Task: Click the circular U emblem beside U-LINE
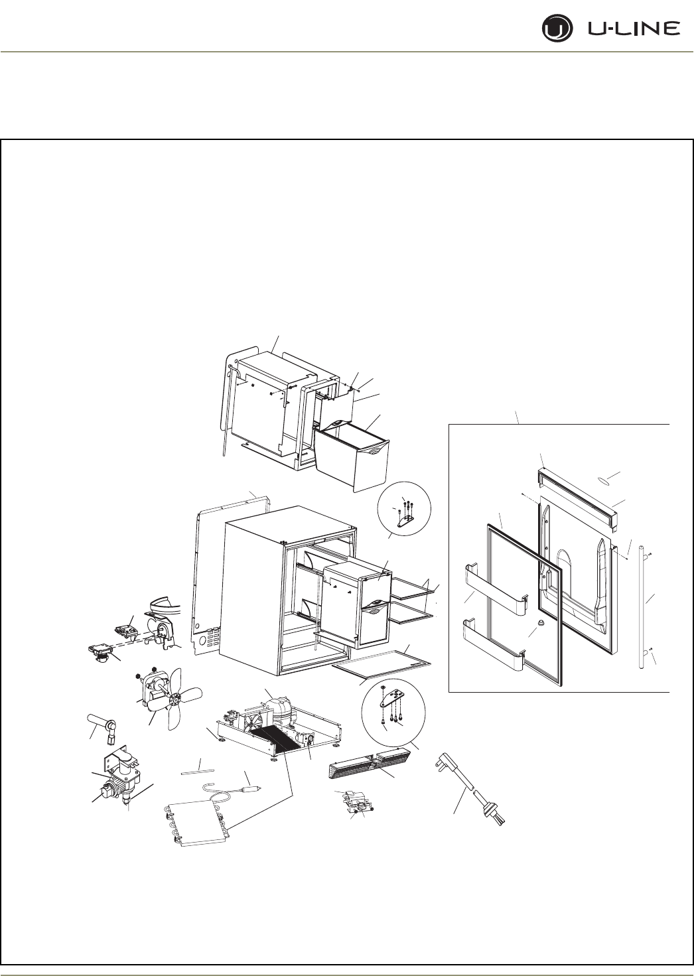coord(555,30)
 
